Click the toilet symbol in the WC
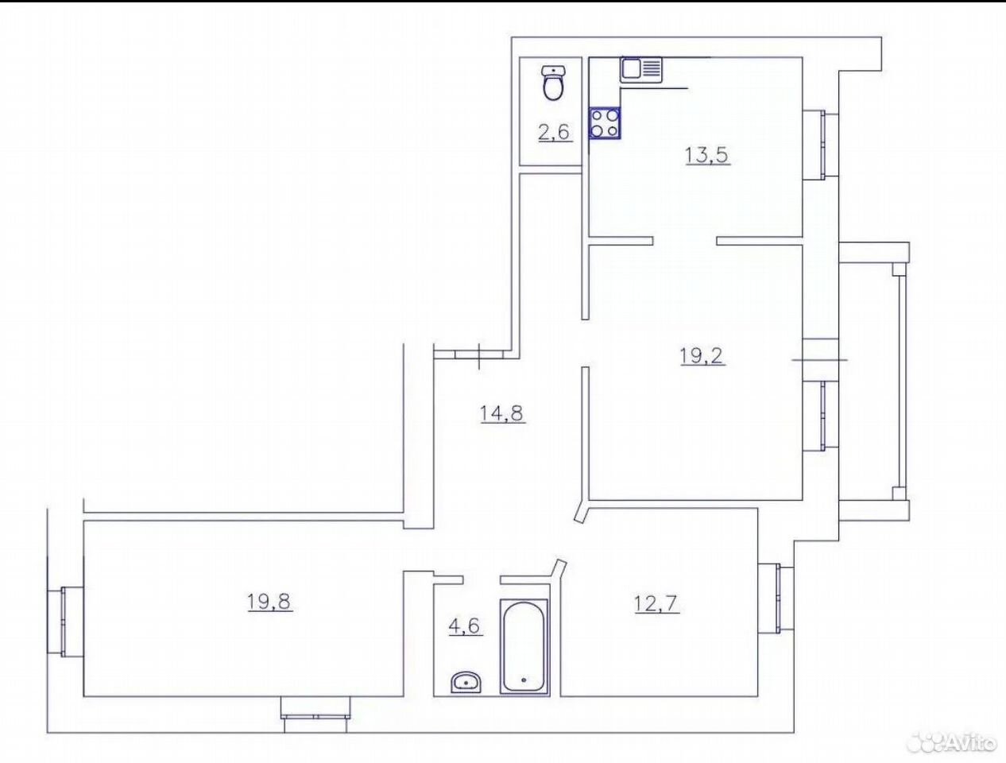tap(554, 83)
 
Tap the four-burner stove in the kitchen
tap(605, 123)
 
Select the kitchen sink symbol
tap(641, 70)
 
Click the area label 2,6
tap(555, 133)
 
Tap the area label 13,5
tap(707, 155)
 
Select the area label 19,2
tap(702, 355)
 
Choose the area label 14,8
tap(502, 414)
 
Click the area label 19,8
tap(270, 601)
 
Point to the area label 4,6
tap(466, 626)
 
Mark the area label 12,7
tap(657, 603)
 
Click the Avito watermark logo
tap(953, 740)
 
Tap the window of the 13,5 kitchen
tap(820, 145)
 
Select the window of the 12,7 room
tap(776, 598)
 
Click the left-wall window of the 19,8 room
tap(65, 622)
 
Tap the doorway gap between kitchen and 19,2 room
tap(685, 241)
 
